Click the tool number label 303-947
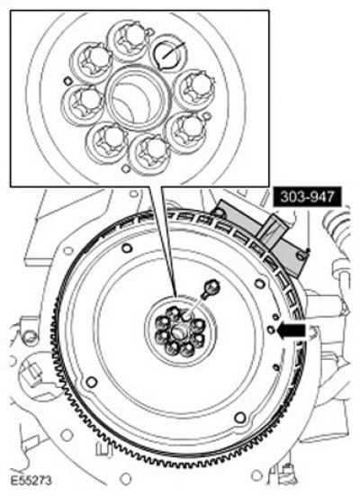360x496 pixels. (307, 198)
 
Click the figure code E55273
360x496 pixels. (31, 481)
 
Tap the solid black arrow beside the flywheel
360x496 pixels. (292, 331)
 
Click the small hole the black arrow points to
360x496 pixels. (271, 329)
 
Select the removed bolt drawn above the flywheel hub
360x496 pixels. (210, 288)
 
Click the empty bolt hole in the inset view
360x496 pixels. (167, 53)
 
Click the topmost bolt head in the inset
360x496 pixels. (129, 40)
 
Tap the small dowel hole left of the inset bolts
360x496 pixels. (67, 81)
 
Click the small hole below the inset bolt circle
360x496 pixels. (126, 168)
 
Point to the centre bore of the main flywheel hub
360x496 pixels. (179, 331)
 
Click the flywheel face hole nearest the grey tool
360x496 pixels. (260, 284)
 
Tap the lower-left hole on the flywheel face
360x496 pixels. (92, 382)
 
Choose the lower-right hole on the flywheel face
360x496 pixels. (240, 418)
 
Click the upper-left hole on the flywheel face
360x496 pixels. (127, 248)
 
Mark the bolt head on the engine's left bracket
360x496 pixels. (29, 338)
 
